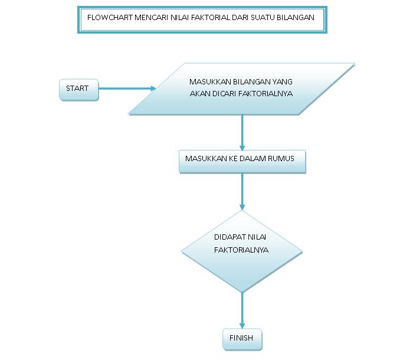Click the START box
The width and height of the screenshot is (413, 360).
click(x=78, y=89)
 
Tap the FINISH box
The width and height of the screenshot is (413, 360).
click(x=241, y=339)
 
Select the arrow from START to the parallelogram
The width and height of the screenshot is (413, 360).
click(x=127, y=89)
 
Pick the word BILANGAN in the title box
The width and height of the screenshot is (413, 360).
click(x=296, y=18)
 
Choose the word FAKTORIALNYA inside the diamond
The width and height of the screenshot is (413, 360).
click(x=241, y=250)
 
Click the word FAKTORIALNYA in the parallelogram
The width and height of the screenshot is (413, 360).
click(x=265, y=94)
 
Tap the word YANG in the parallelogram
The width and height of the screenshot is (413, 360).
click(x=282, y=82)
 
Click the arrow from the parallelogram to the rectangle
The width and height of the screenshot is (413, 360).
click(x=242, y=132)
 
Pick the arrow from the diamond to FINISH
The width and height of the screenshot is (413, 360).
click(x=242, y=310)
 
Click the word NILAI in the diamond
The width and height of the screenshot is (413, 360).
click(x=257, y=237)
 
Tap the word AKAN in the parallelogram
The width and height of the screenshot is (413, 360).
click(x=199, y=94)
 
